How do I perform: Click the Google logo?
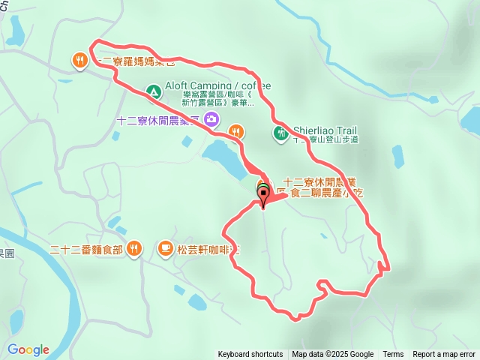tap(28, 349)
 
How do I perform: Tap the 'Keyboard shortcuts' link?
tap(250, 355)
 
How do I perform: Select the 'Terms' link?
tap(393, 355)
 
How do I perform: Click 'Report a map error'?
tap(444, 355)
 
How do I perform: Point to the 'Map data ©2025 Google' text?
tap(332, 355)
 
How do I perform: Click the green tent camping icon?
tap(153, 91)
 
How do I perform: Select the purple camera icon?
tap(211, 118)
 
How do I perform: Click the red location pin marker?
tap(263, 196)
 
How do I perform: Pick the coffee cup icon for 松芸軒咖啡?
tap(165, 247)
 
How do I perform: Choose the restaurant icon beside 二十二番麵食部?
tap(133, 247)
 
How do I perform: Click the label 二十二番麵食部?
tap(85, 248)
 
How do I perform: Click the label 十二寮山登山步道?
tap(326, 139)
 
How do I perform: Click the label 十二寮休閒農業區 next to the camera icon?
tap(157, 120)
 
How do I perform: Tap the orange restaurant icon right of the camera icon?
tap(235, 132)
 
